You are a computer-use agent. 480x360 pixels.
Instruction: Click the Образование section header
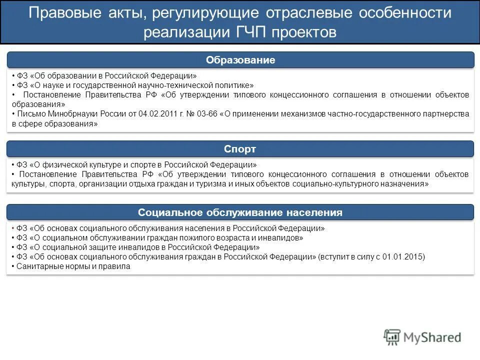(240, 60)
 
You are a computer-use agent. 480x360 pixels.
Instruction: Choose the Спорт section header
(240, 149)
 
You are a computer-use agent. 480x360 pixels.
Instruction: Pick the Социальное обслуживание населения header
(240, 212)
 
